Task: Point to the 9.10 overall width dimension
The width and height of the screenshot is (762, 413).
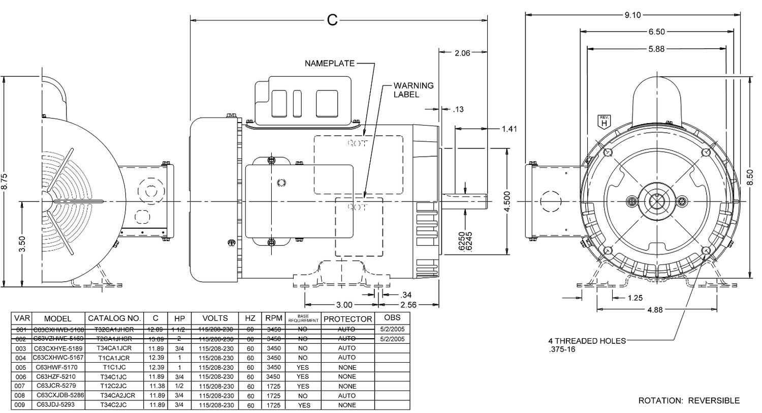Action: [633, 15]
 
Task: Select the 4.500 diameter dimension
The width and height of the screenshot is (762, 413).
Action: [514, 201]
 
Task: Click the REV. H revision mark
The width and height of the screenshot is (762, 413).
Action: [604, 122]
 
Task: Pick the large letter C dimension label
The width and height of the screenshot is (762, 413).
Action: [332, 20]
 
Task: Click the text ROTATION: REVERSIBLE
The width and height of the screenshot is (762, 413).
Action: [689, 400]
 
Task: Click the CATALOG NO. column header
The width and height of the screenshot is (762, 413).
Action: [114, 318]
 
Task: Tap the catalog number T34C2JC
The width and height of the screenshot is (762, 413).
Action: [114, 405]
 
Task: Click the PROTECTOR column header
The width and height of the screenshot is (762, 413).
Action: [348, 319]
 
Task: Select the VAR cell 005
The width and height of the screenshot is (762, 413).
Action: [20, 367]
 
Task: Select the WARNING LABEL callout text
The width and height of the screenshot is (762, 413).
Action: [414, 90]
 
